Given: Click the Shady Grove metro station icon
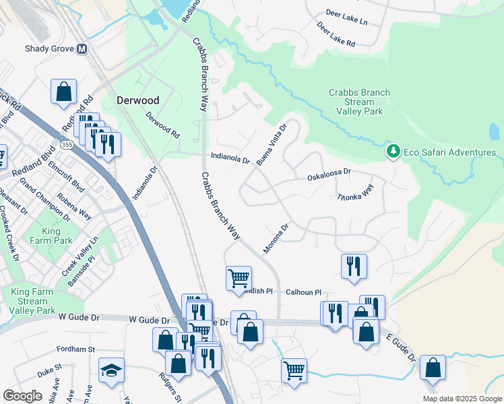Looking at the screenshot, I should [x=82, y=48].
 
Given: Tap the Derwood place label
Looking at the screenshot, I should [x=137, y=100].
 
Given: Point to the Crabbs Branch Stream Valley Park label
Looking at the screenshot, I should [x=356, y=102].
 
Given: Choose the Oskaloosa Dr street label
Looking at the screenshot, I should [x=329, y=172].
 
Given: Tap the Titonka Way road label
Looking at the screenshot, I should [x=355, y=193].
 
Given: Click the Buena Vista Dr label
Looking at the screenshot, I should [x=273, y=143].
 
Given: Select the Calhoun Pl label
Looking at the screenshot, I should [x=303, y=292].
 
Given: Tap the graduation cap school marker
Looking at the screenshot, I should [x=112, y=370].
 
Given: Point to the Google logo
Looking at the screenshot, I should [x=22, y=396].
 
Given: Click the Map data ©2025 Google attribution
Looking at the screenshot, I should [x=462, y=399].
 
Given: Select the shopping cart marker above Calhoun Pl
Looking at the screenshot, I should [x=239, y=277].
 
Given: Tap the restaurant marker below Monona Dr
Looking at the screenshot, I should [x=354, y=266].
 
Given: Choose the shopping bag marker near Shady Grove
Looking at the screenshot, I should [x=63, y=91].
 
